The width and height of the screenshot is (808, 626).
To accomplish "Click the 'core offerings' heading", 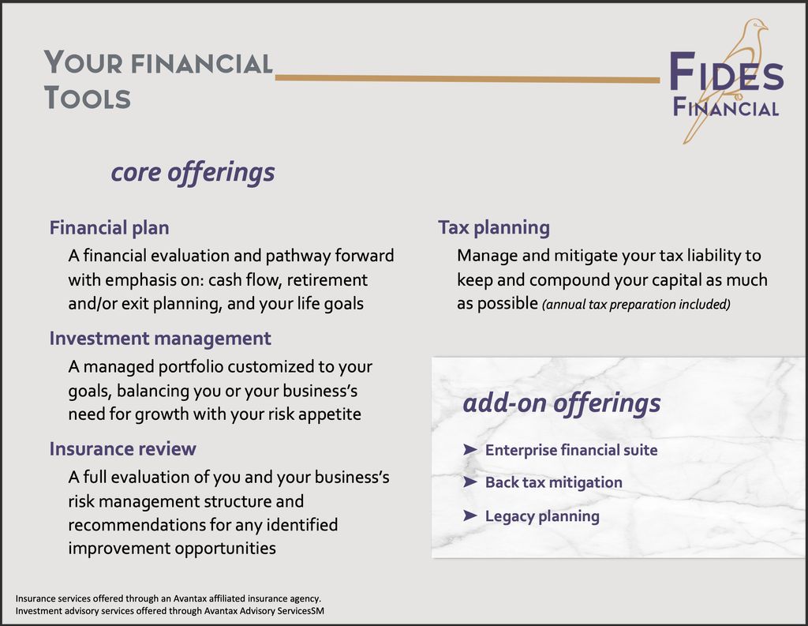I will tap(193, 172).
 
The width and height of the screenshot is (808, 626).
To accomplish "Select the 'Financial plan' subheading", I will tap(109, 228).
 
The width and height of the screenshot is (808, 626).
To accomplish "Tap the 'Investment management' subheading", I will tap(160, 339).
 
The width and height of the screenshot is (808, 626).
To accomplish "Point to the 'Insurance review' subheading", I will tap(122, 449).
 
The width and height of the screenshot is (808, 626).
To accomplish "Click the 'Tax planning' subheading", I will tap(494, 228).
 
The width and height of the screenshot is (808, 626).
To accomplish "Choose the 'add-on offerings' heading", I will tap(561, 403).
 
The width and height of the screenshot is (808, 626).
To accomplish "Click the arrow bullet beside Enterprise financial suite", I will tap(470, 450).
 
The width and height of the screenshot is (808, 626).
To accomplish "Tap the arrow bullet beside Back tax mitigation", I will tap(470, 482).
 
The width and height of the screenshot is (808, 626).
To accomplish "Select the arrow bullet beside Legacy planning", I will tap(470, 515).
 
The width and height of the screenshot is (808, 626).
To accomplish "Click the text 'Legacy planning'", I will tap(542, 516).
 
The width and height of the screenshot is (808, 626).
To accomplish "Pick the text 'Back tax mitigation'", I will tap(553, 482).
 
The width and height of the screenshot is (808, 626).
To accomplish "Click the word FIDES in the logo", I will tap(726, 73).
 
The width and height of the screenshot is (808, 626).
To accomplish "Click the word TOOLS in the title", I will tap(88, 98).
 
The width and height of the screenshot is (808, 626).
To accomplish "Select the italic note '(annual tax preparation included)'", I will tap(636, 305).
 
